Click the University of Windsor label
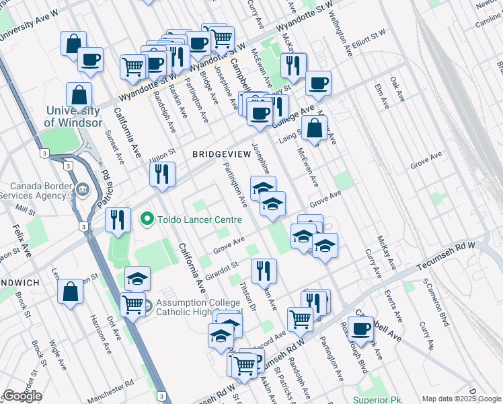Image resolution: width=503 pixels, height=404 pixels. pos(73,116)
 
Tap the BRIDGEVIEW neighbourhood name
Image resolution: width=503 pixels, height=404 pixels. pos(221,154)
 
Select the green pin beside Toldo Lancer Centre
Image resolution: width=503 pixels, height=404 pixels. pos(147,220)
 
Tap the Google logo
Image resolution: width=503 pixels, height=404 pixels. pos(22,396)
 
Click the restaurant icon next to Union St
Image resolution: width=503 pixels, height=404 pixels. pos(163,174)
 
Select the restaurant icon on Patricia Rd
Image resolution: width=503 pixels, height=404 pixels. pos(118,220)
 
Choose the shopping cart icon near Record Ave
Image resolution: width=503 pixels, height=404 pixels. pos(300,318)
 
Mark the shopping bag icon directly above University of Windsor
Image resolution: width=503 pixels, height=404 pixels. pos(79,95)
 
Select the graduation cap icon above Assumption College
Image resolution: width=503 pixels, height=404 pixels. pos(137,278)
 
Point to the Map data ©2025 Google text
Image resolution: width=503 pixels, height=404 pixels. pos(461,398)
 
